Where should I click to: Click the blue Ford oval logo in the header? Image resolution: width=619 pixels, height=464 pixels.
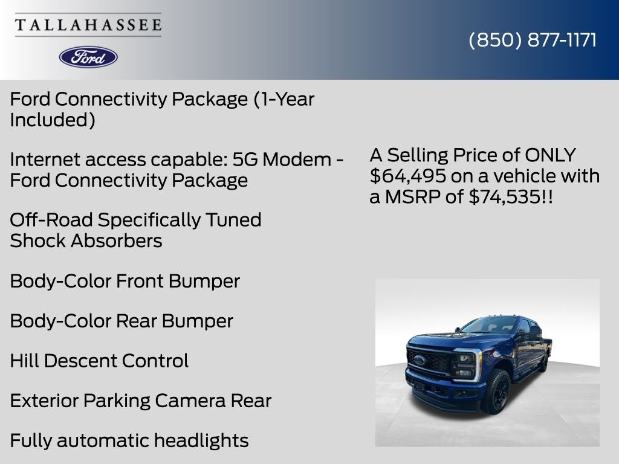pyautogui.click(x=88, y=57)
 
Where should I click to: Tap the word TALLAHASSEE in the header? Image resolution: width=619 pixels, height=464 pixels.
pyautogui.click(x=88, y=25)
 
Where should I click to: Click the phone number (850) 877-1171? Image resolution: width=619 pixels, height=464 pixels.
pyautogui.click(x=533, y=40)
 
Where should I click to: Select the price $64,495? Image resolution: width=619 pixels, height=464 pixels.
pyautogui.click(x=408, y=176)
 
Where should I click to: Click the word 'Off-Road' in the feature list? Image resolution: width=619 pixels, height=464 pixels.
pyautogui.click(x=51, y=220)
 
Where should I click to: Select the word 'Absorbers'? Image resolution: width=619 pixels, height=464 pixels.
pyautogui.click(x=117, y=240)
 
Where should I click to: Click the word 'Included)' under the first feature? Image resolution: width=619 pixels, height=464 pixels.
pyautogui.click(x=53, y=120)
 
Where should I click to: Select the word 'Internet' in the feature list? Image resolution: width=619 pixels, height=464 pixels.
pyautogui.click(x=45, y=159)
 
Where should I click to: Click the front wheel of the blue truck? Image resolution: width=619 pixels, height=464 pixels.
pyautogui.click(x=497, y=391)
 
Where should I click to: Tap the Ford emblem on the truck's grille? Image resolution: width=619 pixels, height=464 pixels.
pyautogui.click(x=420, y=360)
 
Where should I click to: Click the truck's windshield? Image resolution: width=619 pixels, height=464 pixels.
pyautogui.click(x=490, y=325)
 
